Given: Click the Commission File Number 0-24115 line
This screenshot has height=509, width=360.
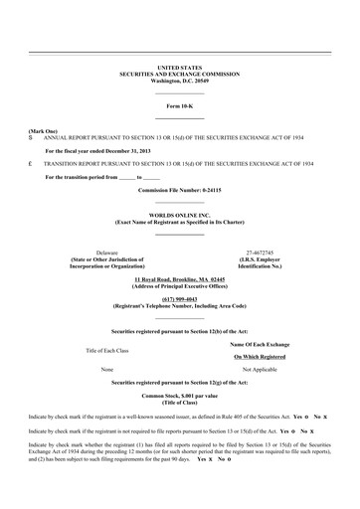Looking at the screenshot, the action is [179, 189].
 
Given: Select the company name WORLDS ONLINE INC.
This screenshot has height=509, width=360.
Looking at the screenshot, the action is [179, 215].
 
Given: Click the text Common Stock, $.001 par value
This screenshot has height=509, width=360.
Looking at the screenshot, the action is [179, 396].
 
